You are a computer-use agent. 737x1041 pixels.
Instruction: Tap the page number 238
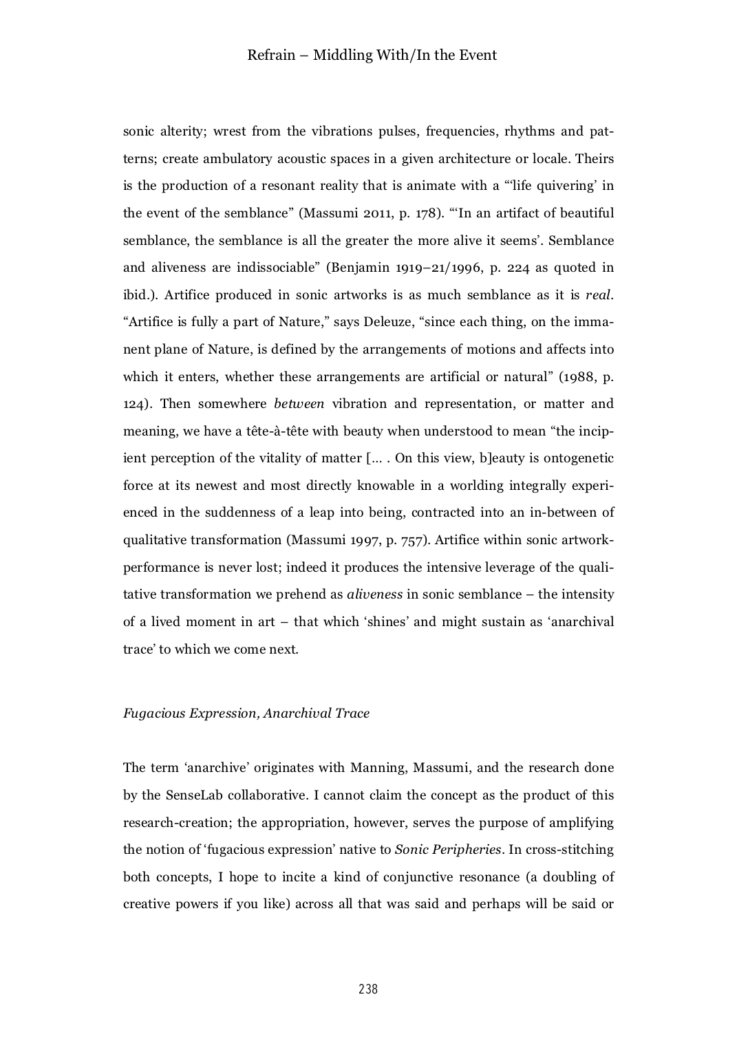coord(368,989)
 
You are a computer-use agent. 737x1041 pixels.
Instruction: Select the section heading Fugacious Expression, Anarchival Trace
coord(246,713)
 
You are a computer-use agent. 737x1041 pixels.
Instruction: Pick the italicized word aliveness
coord(374,594)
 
